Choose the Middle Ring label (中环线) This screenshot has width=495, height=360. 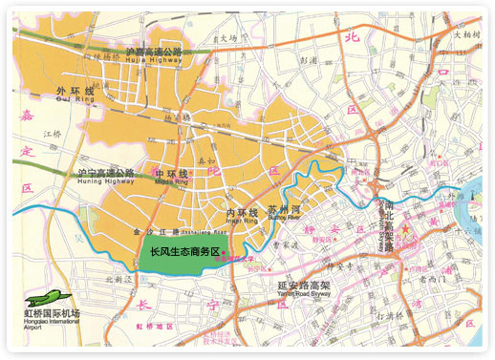(171, 176)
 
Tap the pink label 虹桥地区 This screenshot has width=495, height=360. (154, 327)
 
